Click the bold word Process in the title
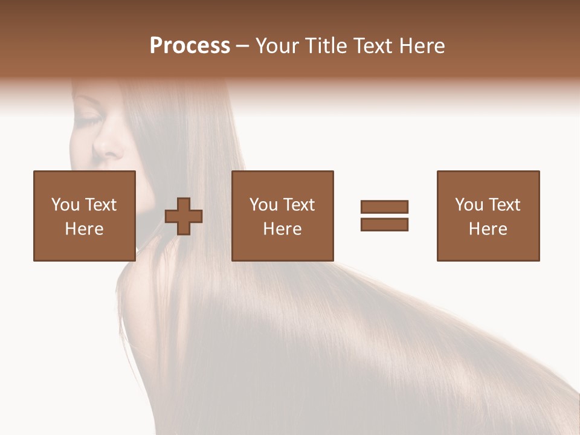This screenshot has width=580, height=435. [190, 46]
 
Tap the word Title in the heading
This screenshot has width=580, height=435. [326, 46]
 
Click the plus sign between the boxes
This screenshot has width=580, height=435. [184, 216]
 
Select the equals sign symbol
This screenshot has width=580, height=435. [384, 216]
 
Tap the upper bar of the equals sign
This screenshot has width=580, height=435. [384, 207]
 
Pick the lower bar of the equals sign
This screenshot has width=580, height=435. [384, 224]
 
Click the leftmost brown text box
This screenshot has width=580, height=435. [84, 216]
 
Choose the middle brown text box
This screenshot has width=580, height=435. [282, 216]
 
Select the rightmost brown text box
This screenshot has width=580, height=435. [488, 216]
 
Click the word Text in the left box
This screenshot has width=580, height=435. [100, 205]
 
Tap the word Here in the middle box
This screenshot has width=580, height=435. [282, 229]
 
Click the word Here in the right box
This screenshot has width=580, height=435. [488, 229]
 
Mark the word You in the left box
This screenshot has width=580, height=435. [65, 205]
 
